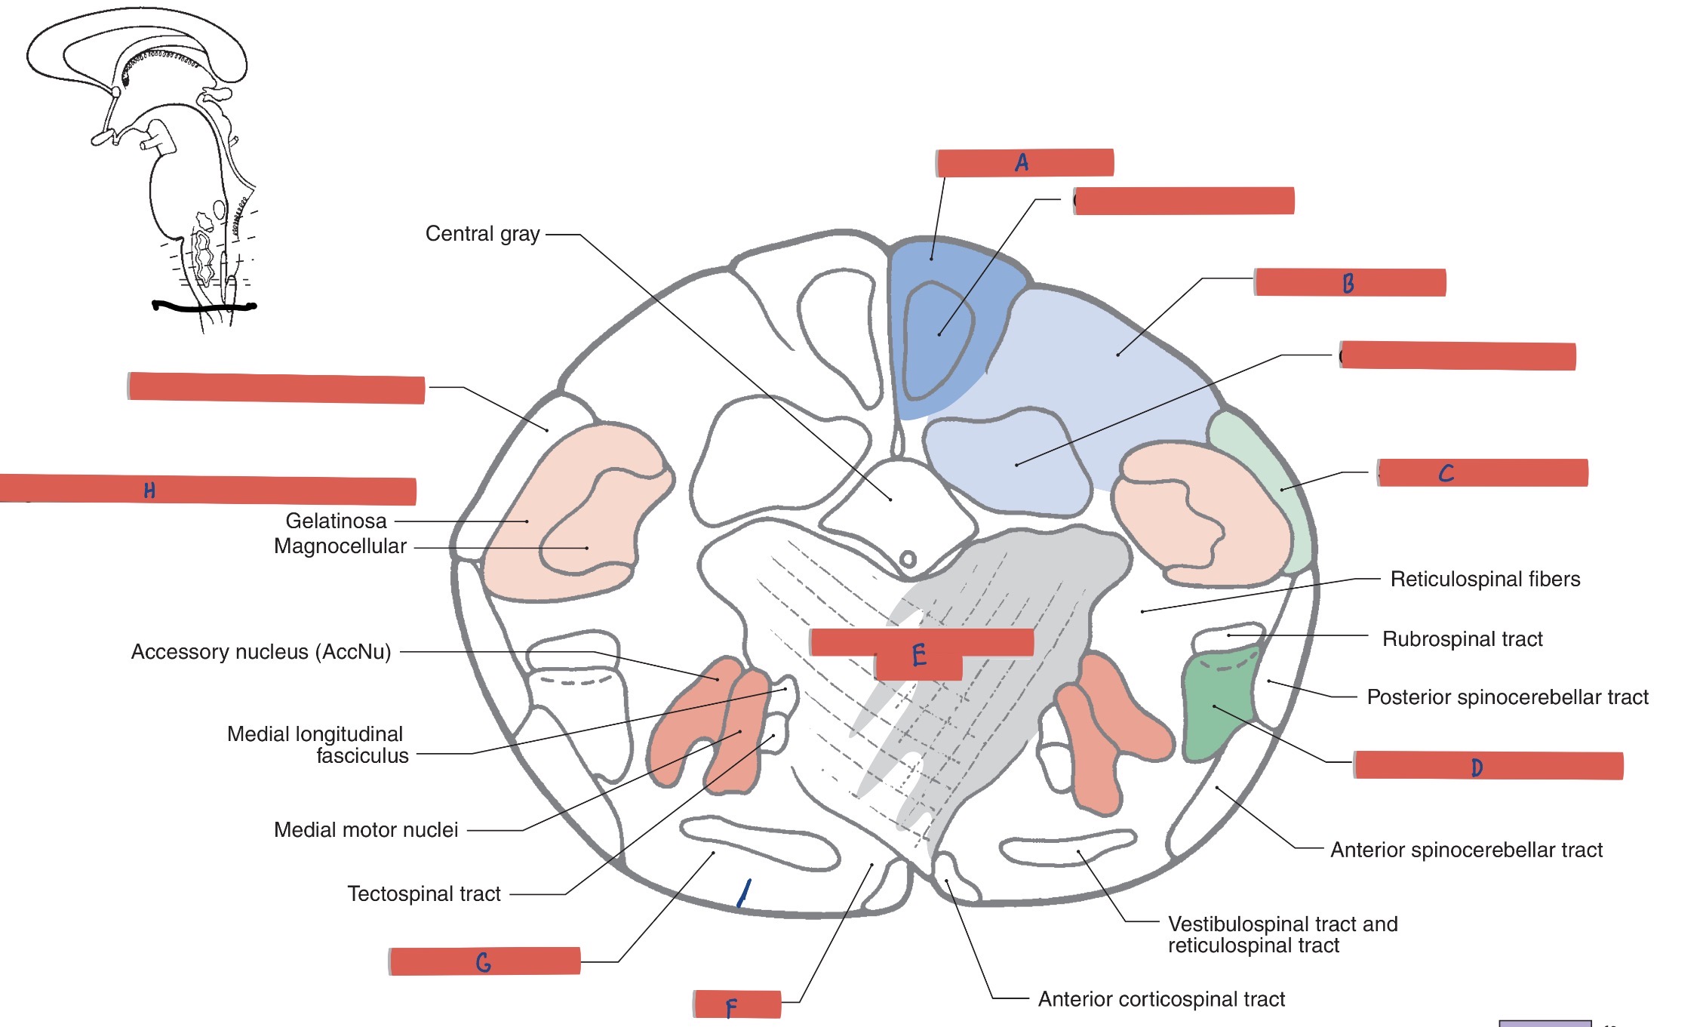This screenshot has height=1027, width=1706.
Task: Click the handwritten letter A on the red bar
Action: click(1022, 162)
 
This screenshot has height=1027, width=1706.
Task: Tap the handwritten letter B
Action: click(1348, 283)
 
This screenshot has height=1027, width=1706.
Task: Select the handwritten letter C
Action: click(1446, 473)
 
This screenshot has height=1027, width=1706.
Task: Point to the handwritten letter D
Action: click(1477, 767)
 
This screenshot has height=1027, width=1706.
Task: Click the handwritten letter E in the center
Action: click(918, 654)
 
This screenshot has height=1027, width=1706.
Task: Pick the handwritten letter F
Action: click(730, 1008)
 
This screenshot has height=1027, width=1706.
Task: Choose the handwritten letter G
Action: click(484, 962)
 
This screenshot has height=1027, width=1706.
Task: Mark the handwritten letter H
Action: click(149, 490)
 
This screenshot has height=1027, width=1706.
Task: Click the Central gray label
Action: click(482, 234)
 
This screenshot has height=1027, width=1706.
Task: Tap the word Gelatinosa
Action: click(336, 521)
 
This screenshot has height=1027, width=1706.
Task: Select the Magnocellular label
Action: click(340, 546)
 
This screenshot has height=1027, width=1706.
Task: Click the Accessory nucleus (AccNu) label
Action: click(261, 651)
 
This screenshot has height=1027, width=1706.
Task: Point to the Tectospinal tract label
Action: click(424, 893)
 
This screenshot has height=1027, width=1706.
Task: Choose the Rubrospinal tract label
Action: click(1462, 639)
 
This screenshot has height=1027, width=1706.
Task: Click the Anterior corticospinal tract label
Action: click(1161, 999)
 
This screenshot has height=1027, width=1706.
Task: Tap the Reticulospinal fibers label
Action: click(1485, 579)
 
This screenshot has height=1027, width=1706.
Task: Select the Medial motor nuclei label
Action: click(366, 830)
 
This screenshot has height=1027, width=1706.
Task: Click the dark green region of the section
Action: click(1215, 709)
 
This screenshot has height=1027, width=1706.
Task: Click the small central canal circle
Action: click(908, 559)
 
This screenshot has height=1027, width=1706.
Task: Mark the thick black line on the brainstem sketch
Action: click(204, 306)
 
